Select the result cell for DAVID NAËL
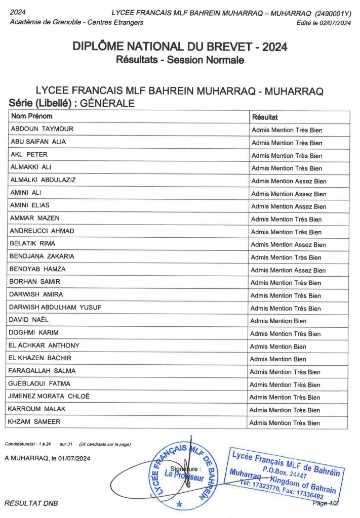coord(278,321)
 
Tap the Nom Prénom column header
coord(31,116)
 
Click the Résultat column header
coord(265,117)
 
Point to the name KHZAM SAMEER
coord(33,421)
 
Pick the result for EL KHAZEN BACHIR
coord(278,359)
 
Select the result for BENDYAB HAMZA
coord(288,270)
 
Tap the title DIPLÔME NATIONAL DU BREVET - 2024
coord(180,47)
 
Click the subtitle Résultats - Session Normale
coord(180,60)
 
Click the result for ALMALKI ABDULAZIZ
coord(289,181)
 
